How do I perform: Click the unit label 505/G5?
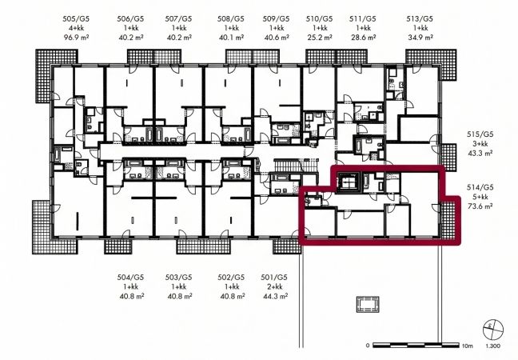pos(76,19)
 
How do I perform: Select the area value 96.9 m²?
pos(76,38)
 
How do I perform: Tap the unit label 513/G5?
pos(420,19)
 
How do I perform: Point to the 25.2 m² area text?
pos(320,38)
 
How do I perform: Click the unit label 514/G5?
pos(480,187)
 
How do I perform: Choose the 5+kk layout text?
pos(480,197)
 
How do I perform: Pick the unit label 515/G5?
pos(480,134)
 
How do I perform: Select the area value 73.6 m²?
pos(480,206)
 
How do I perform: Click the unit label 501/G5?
pos(274,277)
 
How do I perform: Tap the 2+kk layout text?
pos(275,286)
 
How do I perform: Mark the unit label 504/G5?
pos(131,277)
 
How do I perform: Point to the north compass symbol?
pos(493,329)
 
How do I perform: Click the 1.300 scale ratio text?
pos(493,346)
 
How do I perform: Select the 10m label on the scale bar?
pos(468,346)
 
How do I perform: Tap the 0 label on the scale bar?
pos(368,346)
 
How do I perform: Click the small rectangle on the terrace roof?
pos(368,304)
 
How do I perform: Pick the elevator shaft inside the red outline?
pos(349,182)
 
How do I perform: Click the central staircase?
pos(297,165)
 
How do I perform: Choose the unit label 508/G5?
pos(231,19)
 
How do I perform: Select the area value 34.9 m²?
pos(420,38)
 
